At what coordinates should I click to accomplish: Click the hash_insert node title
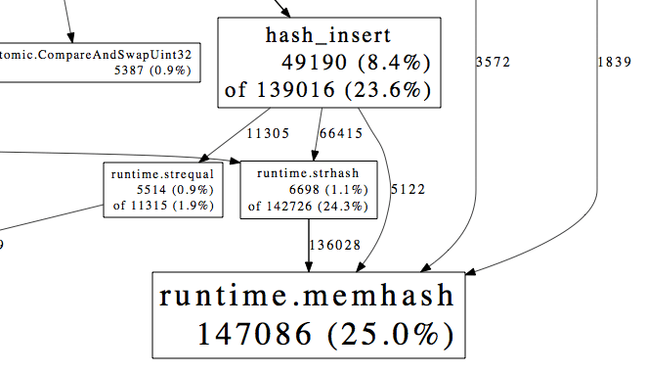[x=327, y=37]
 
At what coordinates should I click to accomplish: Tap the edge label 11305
[x=266, y=133]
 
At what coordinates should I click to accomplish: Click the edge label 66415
[x=341, y=133]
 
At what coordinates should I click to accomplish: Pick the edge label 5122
[x=408, y=188]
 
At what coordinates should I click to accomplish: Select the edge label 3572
[x=494, y=63]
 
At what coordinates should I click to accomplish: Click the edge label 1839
[x=614, y=63]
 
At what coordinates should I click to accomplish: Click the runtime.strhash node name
[x=294, y=173]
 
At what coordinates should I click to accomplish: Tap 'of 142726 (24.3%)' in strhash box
[x=293, y=206]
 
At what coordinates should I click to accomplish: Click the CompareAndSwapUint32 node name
[x=97, y=55]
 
